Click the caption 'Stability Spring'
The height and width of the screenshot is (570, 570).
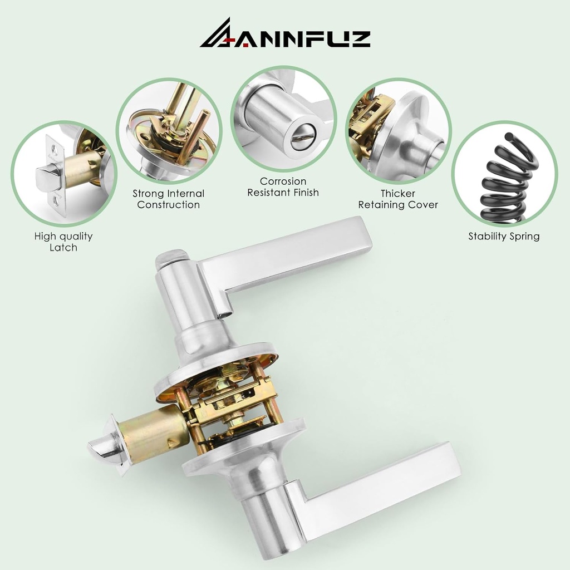(x=504, y=236)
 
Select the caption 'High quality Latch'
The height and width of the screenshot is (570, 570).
(x=63, y=242)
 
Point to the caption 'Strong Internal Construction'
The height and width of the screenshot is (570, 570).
(x=168, y=199)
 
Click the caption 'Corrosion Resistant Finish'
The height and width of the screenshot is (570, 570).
(x=283, y=187)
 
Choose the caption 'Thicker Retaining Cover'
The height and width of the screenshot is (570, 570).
(x=398, y=199)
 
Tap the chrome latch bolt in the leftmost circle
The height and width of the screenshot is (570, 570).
(x=48, y=178)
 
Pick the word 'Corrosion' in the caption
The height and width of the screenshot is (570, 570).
(x=283, y=181)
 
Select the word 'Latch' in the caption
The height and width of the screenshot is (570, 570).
(x=63, y=248)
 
